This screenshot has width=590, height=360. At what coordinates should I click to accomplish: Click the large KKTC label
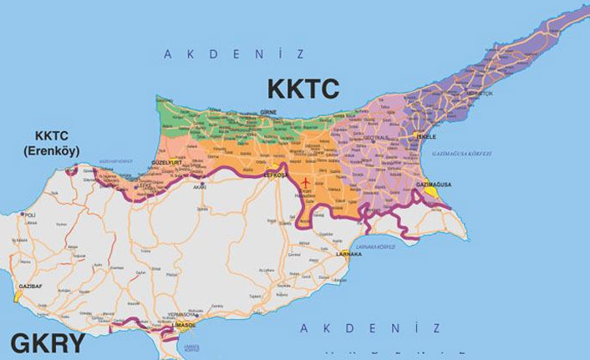tap(303, 88)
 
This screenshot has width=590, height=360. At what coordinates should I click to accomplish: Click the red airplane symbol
tap(307, 182)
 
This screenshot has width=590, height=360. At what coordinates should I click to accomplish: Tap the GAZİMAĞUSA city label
tap(435, 183)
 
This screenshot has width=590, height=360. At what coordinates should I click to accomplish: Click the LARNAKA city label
tap(348, 254)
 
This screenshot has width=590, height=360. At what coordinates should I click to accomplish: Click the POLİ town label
tap(30, 215)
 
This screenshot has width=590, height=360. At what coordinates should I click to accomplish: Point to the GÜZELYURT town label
tap(167, 162)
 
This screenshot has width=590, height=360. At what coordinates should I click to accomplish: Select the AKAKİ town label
tap(199, 187)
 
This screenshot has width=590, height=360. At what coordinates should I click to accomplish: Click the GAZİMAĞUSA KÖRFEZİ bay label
tap(462, 154)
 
